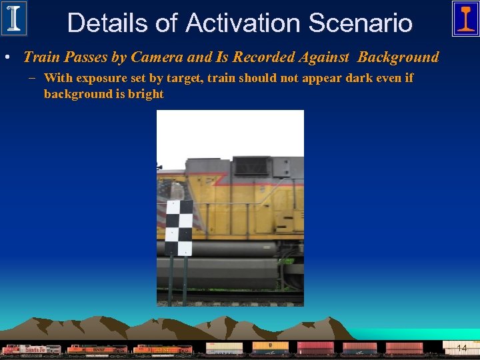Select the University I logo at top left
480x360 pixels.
pyautogui.click(x=13, y=18)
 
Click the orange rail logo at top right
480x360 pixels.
pyautogui.click(x=465, y=18)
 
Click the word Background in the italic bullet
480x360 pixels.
pyautogui.click(x=398, y=57)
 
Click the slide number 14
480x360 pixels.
pyautogui.click(x=461, y=348)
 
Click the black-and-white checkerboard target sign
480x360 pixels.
pyautogui.click(x=178, y=227)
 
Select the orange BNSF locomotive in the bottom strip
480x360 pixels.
pyautogui.click(x=97, y=349)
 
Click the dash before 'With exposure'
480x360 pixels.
pyautogui.click(x=33, y=79)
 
